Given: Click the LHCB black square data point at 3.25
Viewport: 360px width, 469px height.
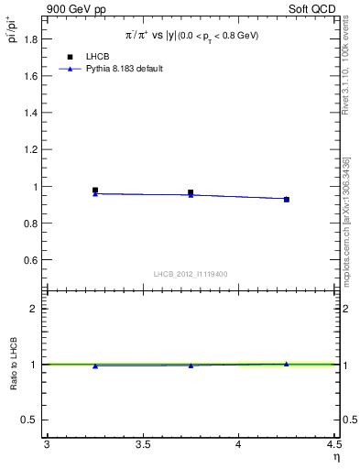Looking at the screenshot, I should pos(95,191).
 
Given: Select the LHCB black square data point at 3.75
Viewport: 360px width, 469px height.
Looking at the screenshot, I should pos(191,192).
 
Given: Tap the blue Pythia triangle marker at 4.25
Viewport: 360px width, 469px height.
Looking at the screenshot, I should pos(287,199).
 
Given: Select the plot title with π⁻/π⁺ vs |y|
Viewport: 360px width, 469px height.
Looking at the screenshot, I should pos(192,34).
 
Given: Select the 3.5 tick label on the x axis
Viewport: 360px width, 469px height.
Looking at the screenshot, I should pos(142,445).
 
